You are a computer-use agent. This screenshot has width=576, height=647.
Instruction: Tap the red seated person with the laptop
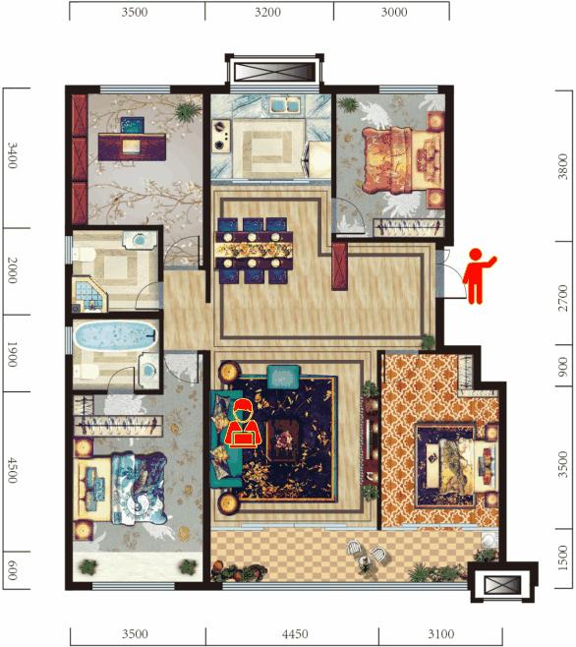pos(243,424)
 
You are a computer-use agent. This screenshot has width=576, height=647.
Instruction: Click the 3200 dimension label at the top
pos(267,12)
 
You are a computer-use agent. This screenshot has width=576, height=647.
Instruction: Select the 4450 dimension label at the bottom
pos(295,634)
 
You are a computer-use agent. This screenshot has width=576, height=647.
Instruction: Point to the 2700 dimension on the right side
pos(563,298)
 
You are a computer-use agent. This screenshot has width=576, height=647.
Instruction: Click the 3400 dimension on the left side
pos(13,155)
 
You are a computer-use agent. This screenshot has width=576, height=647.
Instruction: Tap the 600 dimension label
pos(13,570)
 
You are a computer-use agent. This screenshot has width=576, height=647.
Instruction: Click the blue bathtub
pos(116,335)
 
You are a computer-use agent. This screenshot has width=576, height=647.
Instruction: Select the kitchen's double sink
pos(285,104)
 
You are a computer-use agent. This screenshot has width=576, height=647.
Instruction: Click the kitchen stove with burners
pos(221,135)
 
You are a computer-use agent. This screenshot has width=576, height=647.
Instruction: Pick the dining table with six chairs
pos(253,251)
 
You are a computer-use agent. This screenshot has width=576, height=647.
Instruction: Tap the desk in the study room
pos(132,147)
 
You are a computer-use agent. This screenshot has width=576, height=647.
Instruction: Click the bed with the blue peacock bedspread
pos(122,489)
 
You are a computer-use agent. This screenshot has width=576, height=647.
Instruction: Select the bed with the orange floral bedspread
pos(401,160)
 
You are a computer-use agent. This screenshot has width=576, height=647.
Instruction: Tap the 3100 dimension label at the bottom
pos(440,634)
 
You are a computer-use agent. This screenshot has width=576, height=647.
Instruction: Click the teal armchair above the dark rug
pos(283,377)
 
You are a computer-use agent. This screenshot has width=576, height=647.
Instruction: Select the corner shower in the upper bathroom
pos(89,294)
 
